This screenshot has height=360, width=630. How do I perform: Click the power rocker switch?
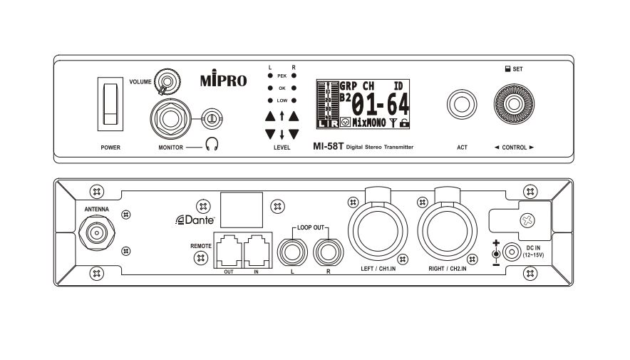tap(109, 104)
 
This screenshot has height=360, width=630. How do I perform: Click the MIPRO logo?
tap(224, 80)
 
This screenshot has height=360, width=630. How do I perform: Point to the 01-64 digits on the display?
tap(381, 105)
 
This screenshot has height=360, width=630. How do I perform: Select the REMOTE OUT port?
tap(227, 251)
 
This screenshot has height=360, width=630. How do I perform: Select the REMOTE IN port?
tap(256, 251)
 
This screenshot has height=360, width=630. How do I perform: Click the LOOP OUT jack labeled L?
tap(292, 250)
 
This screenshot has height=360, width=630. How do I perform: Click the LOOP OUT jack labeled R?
tap(327, 250)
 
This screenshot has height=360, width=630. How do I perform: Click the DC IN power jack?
tap(510, 252)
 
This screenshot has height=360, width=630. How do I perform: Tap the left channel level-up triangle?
tap(270, 115)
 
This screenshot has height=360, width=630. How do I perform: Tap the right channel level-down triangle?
tap(293, 133)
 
